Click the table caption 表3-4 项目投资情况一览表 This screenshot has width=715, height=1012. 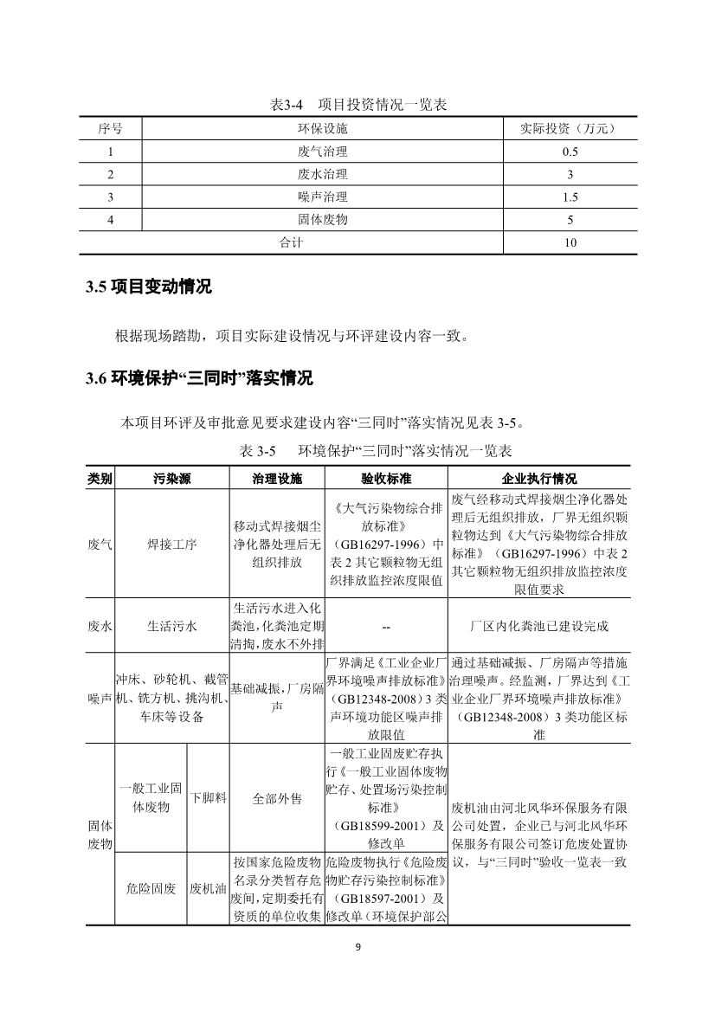pyautogui.click(x=358, y=105)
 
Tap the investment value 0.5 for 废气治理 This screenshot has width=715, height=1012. pyautogui.click(x=570, y=151)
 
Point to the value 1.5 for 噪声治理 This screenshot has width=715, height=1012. pyautogui.click(x=570, y=197)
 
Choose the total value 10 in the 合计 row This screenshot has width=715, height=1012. pyautogui.click(x=570, y=243)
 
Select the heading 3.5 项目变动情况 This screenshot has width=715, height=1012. pyautogui.click(x=149, y=287)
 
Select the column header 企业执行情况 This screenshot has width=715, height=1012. pyautogui.click(x=538, y=479)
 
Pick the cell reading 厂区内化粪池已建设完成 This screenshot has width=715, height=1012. pyautogui.click(x=538, y=626)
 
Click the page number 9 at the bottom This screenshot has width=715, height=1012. pyautogui.click(x=357, y=946)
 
